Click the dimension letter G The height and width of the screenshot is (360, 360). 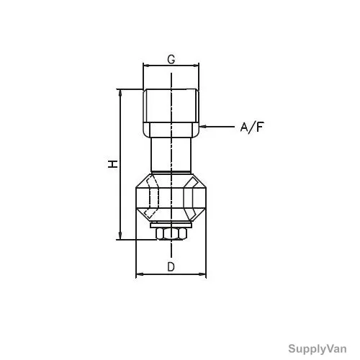(171, 59)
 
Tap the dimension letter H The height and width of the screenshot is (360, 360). (112, 164)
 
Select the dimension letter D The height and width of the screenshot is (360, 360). (171, 266)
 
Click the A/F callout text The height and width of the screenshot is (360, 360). (252, 127)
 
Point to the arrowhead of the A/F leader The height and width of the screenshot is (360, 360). (202, 126)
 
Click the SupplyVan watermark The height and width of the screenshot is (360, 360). (318, 349)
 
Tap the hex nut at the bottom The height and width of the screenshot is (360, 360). (171, 234)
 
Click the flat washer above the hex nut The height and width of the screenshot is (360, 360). (171, 225)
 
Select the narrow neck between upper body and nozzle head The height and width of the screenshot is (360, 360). (171, 155)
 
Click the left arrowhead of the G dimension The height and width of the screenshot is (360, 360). (146, 66)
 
